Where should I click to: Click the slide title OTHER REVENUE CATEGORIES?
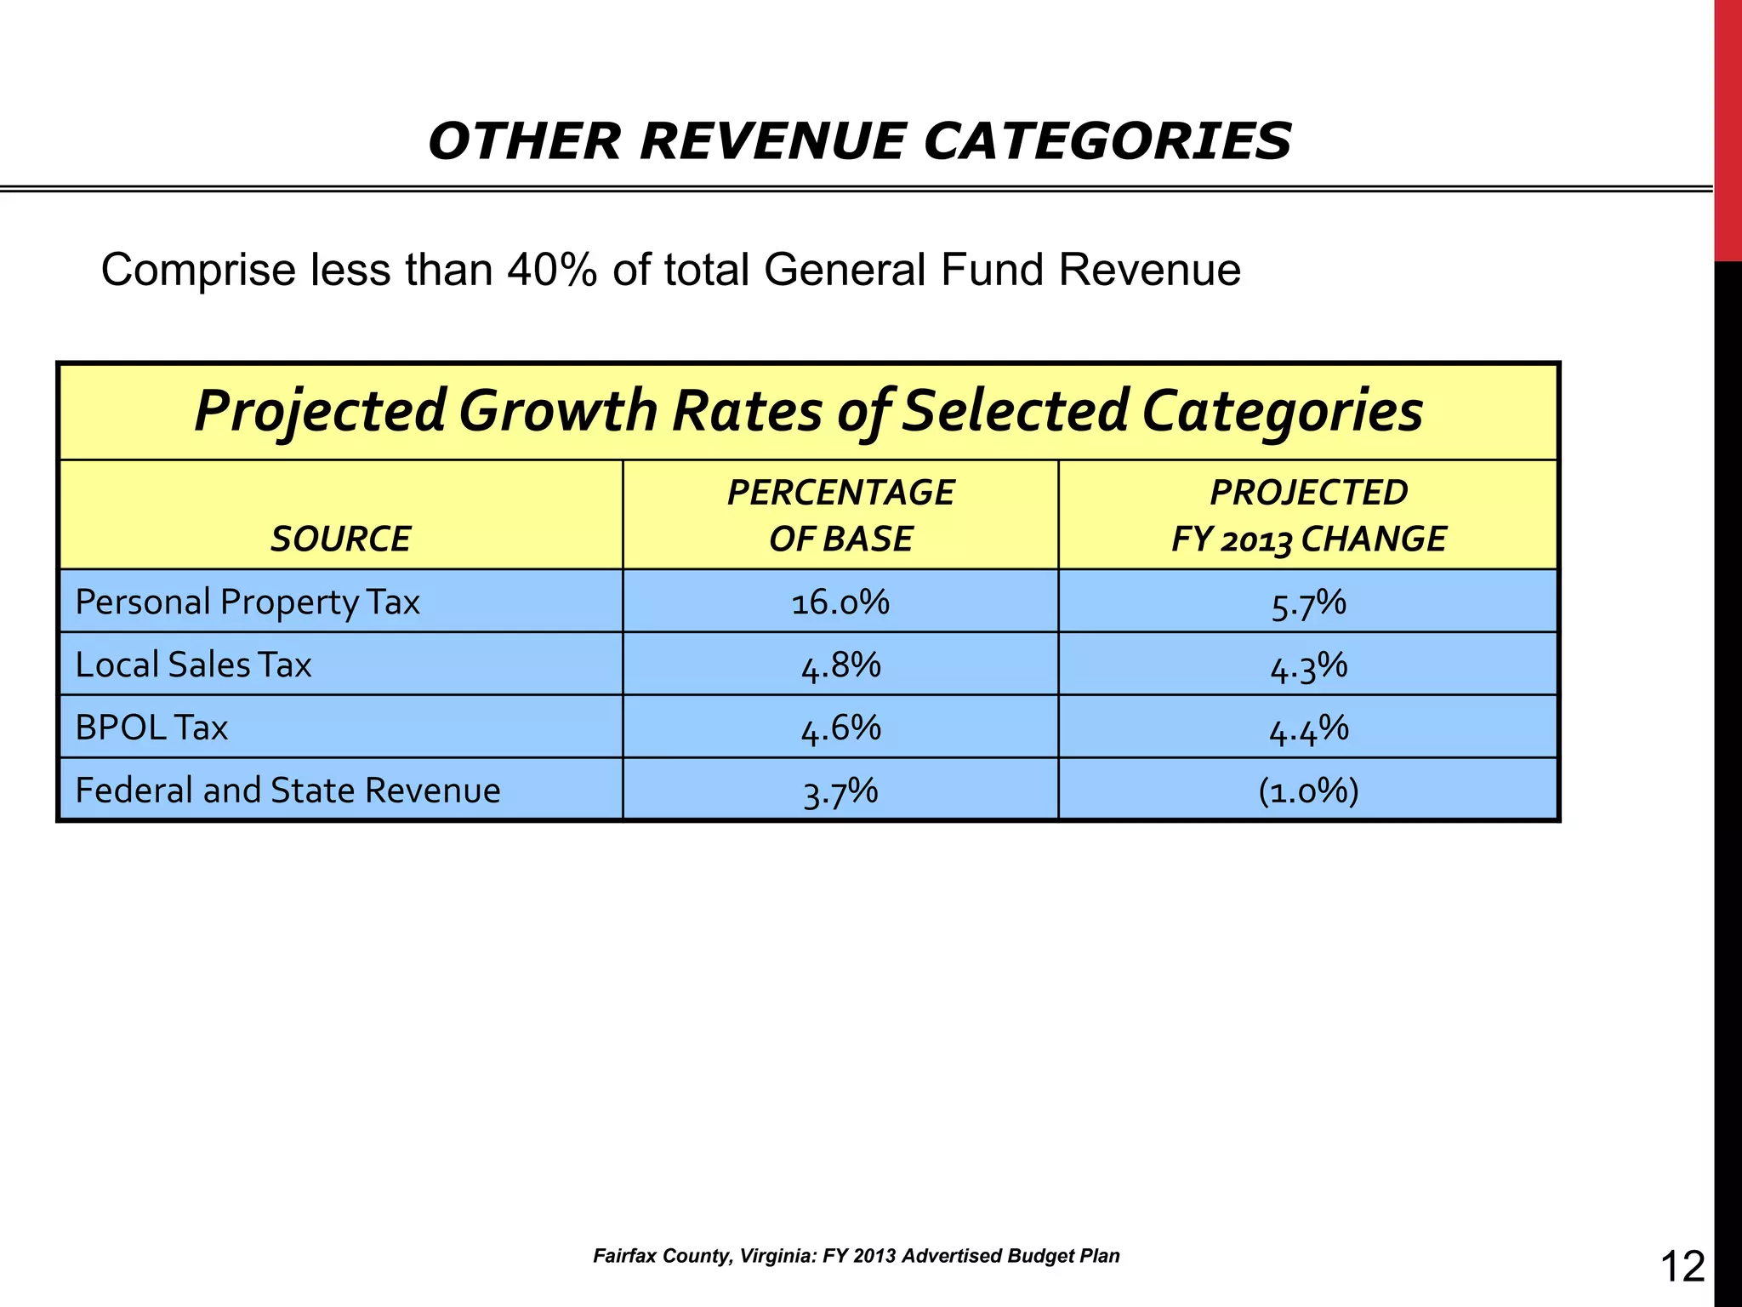860,141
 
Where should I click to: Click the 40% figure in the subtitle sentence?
551,271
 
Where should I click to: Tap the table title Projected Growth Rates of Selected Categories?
808,411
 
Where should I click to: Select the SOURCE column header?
340,539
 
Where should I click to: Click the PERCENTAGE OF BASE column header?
840,516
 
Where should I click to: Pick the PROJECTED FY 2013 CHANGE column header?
1308,516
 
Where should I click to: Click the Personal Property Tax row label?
248,602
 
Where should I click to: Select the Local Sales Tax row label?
193,665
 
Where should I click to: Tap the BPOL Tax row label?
151,728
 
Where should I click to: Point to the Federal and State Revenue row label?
287,790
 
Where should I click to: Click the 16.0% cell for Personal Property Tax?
840,602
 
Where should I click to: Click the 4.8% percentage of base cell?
840,665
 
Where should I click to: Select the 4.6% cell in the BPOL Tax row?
840,728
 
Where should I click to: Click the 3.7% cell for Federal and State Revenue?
840,791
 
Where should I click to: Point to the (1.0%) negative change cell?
1308,791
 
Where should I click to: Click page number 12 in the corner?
1682,1266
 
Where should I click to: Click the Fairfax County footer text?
856,1256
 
